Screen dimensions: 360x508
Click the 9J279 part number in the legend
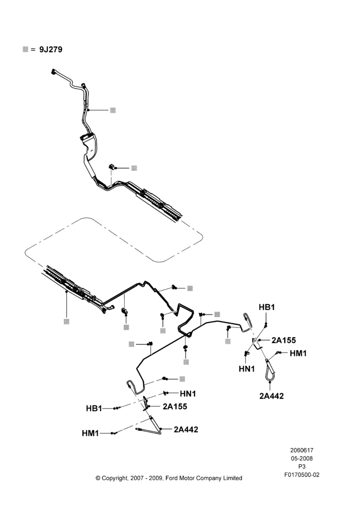tap(51, 50)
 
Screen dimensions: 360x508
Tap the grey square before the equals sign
tap(25, 49)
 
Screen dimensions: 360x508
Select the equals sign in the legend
tap(33, 50)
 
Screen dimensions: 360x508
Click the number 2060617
tap(302, 450)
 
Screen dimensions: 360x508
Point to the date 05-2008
tap(302, 458)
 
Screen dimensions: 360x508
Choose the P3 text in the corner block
tap(302, 467)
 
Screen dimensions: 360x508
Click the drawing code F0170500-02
tap(302, 475)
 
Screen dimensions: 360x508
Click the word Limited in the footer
tap(232, 478)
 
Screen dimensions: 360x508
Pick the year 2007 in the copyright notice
tap(137, 478)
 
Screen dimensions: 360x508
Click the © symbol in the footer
tap(98, 478)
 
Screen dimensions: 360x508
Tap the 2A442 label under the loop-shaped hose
tap(272, 396)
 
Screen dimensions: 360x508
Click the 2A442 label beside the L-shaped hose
tap(186, 429)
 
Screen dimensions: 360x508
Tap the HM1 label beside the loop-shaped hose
tap(298, 353)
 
